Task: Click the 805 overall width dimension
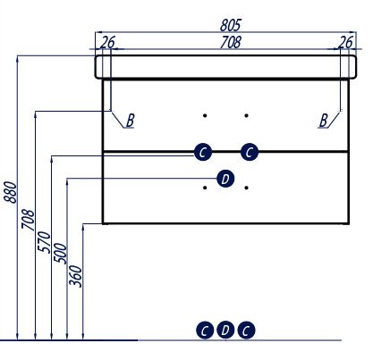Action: (230, 25)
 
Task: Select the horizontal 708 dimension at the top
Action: (230, 42)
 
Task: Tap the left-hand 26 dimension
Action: (107, 42)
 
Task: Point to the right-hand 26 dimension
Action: (345, 42)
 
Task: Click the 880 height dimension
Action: (12, 192)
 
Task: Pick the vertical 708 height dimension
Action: (28, 220)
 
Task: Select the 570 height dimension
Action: (45, 242)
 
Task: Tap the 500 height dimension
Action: (60, 253)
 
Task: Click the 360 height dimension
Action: (75, 276)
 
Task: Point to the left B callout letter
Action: (131, 121)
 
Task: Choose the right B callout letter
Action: (323, 121)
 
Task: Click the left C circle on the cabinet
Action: (203, 152)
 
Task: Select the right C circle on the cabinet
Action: (250, 152)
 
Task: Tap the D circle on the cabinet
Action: (225, 179)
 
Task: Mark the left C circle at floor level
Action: (205, 331)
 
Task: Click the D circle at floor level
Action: (225, 330)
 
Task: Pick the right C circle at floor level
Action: (246, 331)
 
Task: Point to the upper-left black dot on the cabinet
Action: (205, 115)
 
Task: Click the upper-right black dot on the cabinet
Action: (246, 115)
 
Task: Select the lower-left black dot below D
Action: (205, 188)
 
